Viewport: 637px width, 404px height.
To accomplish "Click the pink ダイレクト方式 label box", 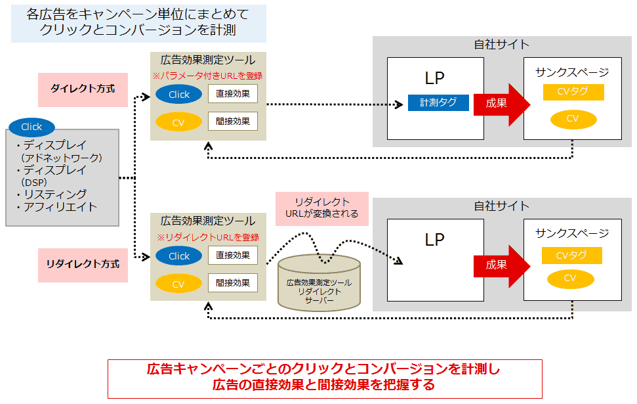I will (83, 87).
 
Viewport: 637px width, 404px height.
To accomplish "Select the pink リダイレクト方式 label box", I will (83, 264).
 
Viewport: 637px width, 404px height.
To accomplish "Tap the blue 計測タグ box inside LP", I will (438, 102).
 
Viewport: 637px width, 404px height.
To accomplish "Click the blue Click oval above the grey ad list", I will (31, 127).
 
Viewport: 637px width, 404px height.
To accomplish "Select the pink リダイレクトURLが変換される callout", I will (322, 208).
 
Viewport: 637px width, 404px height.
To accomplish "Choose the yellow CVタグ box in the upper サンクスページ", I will (573, 92).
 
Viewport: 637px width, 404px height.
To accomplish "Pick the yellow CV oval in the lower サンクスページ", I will (569, 279).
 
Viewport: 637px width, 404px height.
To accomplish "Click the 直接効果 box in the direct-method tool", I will (233, 93).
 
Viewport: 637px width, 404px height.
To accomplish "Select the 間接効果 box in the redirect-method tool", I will (233, 283).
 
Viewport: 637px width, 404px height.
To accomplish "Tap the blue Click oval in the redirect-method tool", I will (179, 256).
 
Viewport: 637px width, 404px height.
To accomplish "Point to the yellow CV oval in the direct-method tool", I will (179, 122).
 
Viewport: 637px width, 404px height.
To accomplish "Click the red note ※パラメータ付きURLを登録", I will (207, 76).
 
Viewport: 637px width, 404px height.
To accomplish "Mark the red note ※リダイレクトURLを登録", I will (207, 237).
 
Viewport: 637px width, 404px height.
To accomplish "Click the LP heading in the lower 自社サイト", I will (435, 240).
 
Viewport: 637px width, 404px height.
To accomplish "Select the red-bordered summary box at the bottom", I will (325, 378).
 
